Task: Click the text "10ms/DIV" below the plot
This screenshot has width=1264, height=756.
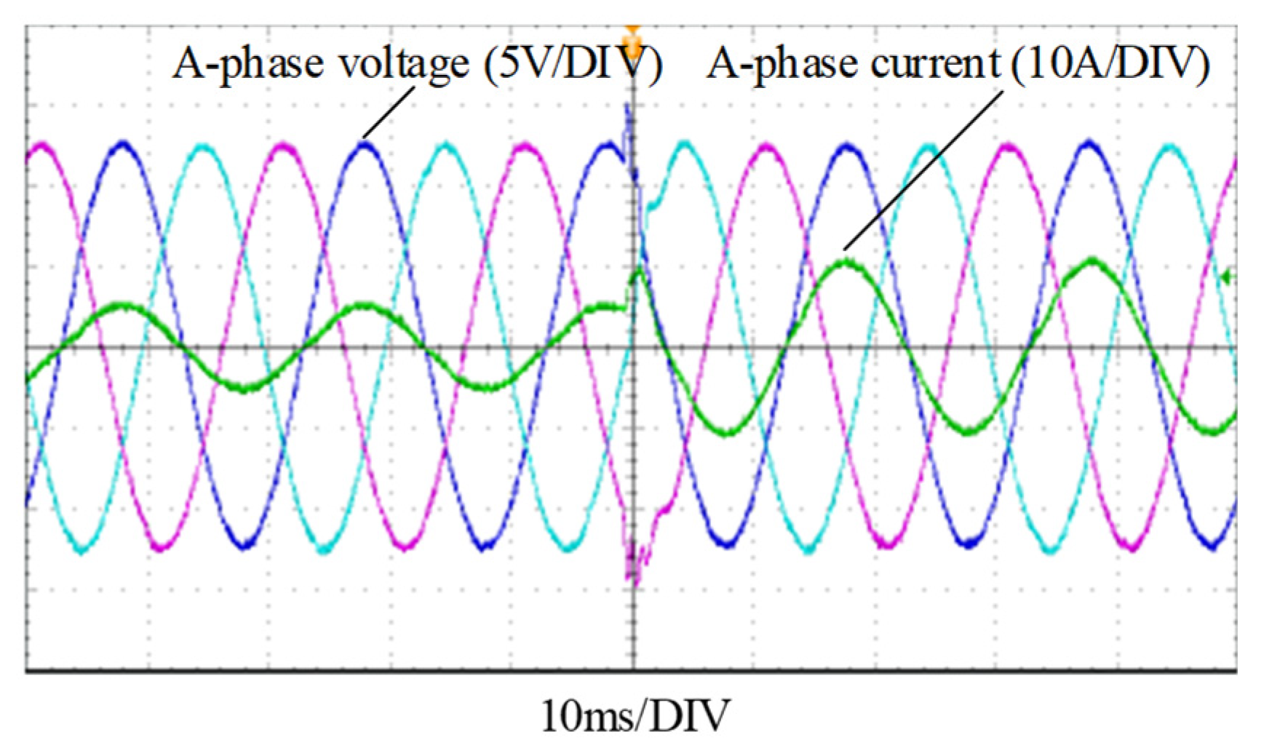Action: pyautogui.click(x=634, y=716)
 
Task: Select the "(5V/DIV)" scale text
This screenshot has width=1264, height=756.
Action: pyautogui.click(x=573, y=64)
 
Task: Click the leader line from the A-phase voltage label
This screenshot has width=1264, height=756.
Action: pyautogui.click(x=389, y=112)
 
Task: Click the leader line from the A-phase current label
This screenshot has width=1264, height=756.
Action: pyautogui.click(x=924, y=170)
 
